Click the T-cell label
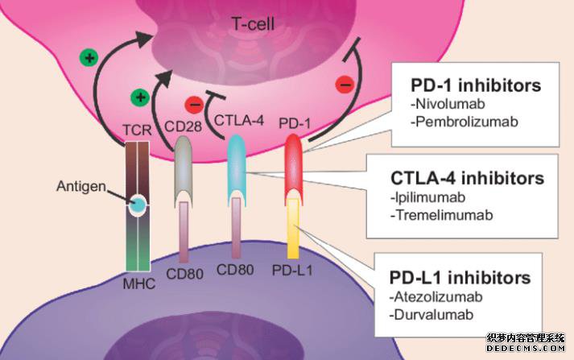(253, 24)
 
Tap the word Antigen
(81, 187)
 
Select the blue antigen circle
(138, 205)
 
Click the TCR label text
(137, 130)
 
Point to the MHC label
(139, 283)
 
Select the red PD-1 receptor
(294, 169)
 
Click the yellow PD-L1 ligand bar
(293, 229)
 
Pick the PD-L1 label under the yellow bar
(292, 271)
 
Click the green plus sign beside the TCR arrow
(89, 58)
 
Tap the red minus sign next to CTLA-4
(194, 105)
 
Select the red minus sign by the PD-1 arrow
(345, 85)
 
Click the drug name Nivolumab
(448, 104)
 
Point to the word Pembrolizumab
(465, 122)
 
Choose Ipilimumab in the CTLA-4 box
(428, 197)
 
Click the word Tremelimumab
(441, 215)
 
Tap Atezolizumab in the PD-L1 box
(436, 297)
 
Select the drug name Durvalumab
(432, 315)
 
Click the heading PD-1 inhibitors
(476, 85)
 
